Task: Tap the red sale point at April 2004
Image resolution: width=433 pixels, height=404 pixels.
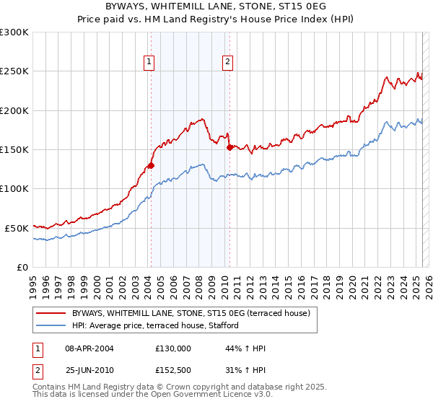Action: [151, 165]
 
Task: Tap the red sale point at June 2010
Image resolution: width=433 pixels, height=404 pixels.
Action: [229, 147]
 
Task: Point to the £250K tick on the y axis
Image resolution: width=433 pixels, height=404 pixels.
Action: [15, 71]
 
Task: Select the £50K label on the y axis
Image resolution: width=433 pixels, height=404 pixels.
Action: [17, 228]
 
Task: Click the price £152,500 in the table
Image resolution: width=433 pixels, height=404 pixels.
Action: [173, 372]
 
